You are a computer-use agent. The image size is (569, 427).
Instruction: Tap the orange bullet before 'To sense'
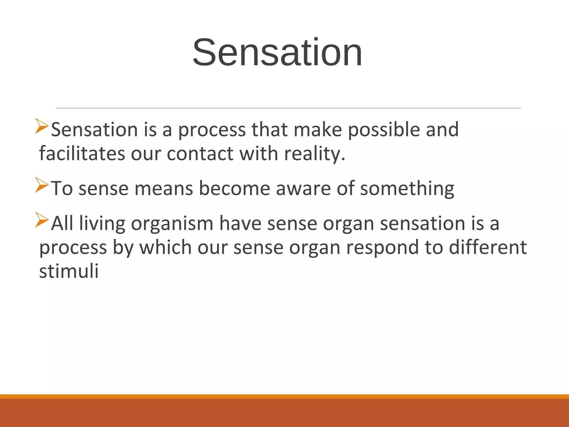pyautogui.click(x=42, y=185)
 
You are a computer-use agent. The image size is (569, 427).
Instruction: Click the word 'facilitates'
pyautogui.click(x=82, y=153)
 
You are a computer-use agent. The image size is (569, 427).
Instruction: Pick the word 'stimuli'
pyautogui.click(x=69, y=271)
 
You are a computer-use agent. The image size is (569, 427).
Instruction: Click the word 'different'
pyautogui.click(x=488, y=247)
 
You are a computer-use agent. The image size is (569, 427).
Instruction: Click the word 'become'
pyautogui.click(x=234, y=188)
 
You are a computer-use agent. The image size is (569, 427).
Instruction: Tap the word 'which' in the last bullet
pyautogui.click(x=165, y=247)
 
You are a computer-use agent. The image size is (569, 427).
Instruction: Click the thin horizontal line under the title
pyautogui.click(x=288, y=108)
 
